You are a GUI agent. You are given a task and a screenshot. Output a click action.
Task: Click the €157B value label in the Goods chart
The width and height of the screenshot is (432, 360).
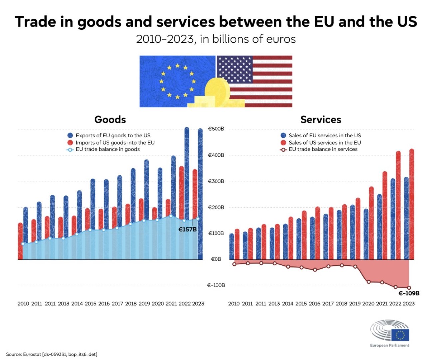coord(187,229)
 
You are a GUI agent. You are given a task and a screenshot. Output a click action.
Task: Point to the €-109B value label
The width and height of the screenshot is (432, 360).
coord(409,293)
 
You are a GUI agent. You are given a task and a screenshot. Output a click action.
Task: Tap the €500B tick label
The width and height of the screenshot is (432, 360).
coord(216,129)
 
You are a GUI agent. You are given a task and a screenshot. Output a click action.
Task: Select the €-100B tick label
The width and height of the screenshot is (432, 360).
coord(216,285)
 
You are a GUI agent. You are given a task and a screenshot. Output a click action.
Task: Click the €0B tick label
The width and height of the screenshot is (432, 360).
coord(216,259)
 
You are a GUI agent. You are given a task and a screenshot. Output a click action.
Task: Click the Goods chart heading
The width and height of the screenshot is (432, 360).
coord(110,120)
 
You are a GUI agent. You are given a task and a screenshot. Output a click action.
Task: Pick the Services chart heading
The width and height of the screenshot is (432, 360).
coord(321,120)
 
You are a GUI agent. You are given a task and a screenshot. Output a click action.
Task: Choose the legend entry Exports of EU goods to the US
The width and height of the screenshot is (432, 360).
coord(113,135)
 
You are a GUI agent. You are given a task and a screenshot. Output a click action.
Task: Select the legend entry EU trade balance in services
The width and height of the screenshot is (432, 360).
coord(323,149)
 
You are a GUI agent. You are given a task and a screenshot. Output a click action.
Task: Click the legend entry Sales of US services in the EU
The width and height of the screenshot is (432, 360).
coord(324,142)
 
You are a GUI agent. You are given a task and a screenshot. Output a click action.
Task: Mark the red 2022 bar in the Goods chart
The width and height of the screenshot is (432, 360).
coord(181,193)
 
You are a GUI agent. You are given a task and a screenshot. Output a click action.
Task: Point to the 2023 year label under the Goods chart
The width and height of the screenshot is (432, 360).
coord(198,304)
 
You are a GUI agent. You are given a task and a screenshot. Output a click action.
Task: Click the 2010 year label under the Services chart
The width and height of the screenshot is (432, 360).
coord(234,304)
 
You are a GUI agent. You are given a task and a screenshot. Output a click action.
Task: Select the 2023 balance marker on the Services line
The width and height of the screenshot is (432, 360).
coord(409,288)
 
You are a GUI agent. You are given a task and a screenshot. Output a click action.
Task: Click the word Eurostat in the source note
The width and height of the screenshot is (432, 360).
coord(32,354)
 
